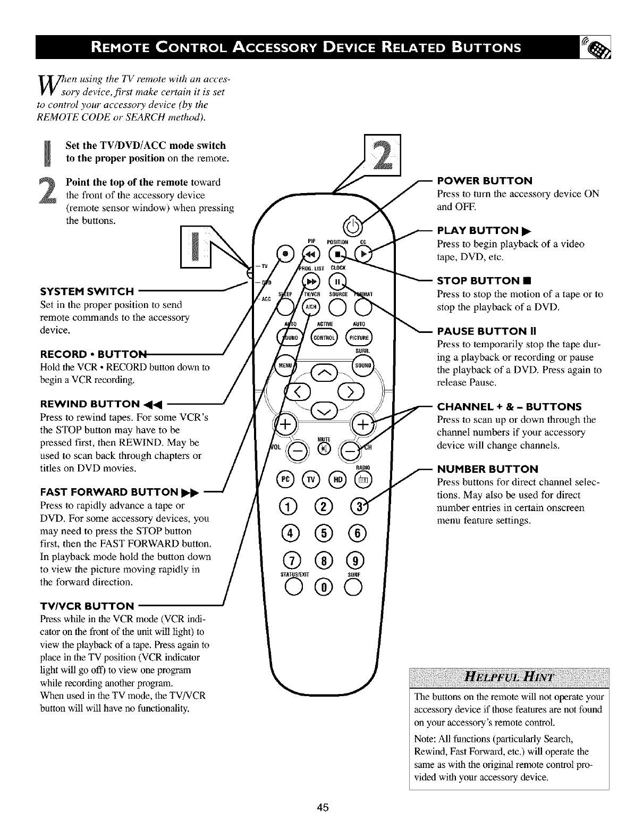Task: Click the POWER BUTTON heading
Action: tap(484, 181)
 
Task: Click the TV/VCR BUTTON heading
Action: tap(87, 606)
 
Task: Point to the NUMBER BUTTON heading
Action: tap(487, 469)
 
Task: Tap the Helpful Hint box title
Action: tap(509, 678)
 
